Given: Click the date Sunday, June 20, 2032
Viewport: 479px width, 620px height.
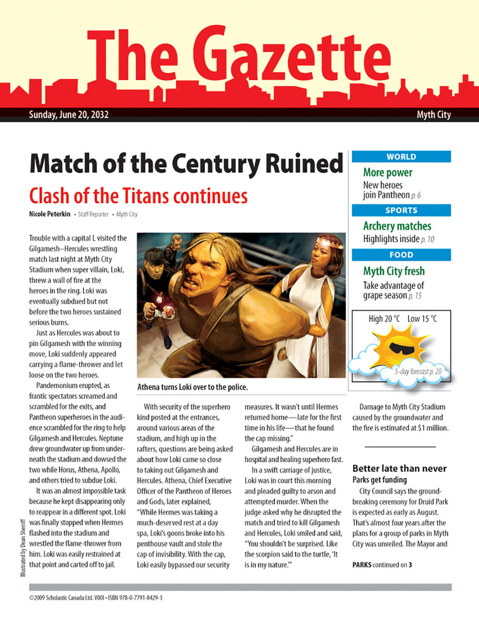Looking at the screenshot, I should point(68,115).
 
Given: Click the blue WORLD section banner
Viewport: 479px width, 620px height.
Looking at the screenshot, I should point(401,157).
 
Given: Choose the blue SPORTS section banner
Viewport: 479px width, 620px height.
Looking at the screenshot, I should point(401,210).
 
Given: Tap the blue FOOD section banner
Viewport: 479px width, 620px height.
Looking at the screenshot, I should point(401,255).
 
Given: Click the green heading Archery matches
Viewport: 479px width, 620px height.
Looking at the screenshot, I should point(397,226).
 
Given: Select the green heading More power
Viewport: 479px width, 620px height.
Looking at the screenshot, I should point(387,173).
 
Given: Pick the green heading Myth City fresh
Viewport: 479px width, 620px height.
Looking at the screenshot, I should point(394,271).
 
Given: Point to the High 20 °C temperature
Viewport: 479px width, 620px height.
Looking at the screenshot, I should point(384,319).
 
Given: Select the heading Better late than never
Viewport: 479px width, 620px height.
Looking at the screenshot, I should point(399,469).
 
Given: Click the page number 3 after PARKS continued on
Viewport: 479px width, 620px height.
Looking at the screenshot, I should point(410,565).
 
